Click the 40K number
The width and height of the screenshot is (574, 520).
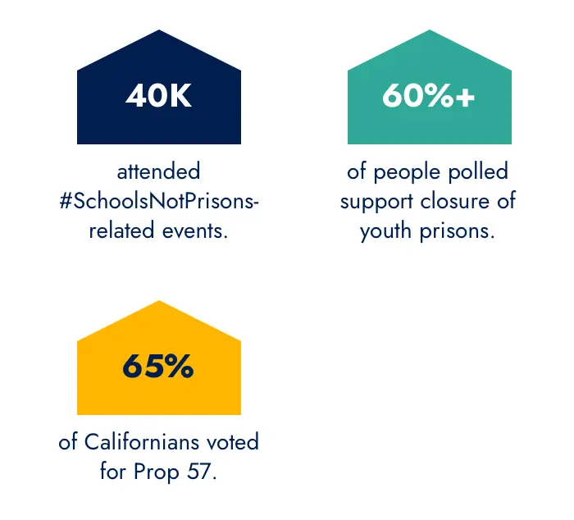pos(158,96)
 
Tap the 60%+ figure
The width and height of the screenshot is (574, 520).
pos(428,96)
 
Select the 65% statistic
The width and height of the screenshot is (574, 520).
pos(158,367)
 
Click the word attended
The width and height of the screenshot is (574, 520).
pos(158,172)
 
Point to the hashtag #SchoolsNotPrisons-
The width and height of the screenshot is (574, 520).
pos(159,201)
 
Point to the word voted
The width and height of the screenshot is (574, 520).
pos(232,442)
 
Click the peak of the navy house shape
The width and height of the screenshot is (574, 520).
pos(158,31)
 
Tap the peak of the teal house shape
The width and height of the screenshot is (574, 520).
pos(429,31)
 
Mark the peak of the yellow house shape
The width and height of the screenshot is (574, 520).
pos(158,302)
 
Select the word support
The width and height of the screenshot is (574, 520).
pos(378,202)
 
